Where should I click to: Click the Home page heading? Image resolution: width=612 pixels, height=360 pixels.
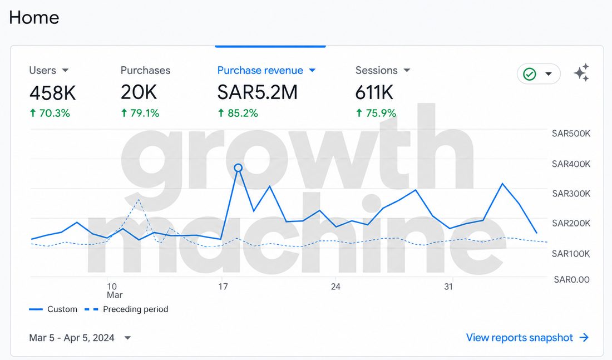tap(34, 18)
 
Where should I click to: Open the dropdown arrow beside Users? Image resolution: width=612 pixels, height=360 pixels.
tap(65, 70)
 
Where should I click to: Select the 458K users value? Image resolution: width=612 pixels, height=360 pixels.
tap(53, 93)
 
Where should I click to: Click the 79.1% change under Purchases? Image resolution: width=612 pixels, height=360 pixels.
tap(140, 114)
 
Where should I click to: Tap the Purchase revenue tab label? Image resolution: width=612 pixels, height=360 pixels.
tap(260, 70)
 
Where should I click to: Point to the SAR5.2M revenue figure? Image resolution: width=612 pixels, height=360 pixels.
tap(257, 92)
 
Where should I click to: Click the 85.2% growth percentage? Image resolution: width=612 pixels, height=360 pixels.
tap(238, 114)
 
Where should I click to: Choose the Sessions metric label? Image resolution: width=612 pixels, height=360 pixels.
tap(376, 70)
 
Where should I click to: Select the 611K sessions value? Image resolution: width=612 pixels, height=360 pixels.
tap(374, 92)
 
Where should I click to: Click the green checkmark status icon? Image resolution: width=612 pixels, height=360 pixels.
tap(529, 74)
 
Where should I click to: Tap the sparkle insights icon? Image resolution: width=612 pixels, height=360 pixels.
tap(581, 73)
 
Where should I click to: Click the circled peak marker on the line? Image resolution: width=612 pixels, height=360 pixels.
tap(238, 168)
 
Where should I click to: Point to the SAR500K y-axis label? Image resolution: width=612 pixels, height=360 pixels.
tap(571, 134)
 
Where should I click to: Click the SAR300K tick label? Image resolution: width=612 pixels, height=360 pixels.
tap(571, 194)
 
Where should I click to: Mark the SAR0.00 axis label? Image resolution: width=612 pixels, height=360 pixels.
tap(572, 279)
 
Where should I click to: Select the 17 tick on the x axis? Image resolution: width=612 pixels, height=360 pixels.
tap(223, 287)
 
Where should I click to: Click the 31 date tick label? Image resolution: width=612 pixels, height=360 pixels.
tap(448, 287)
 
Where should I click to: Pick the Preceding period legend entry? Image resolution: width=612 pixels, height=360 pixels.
tap(126, 309)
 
